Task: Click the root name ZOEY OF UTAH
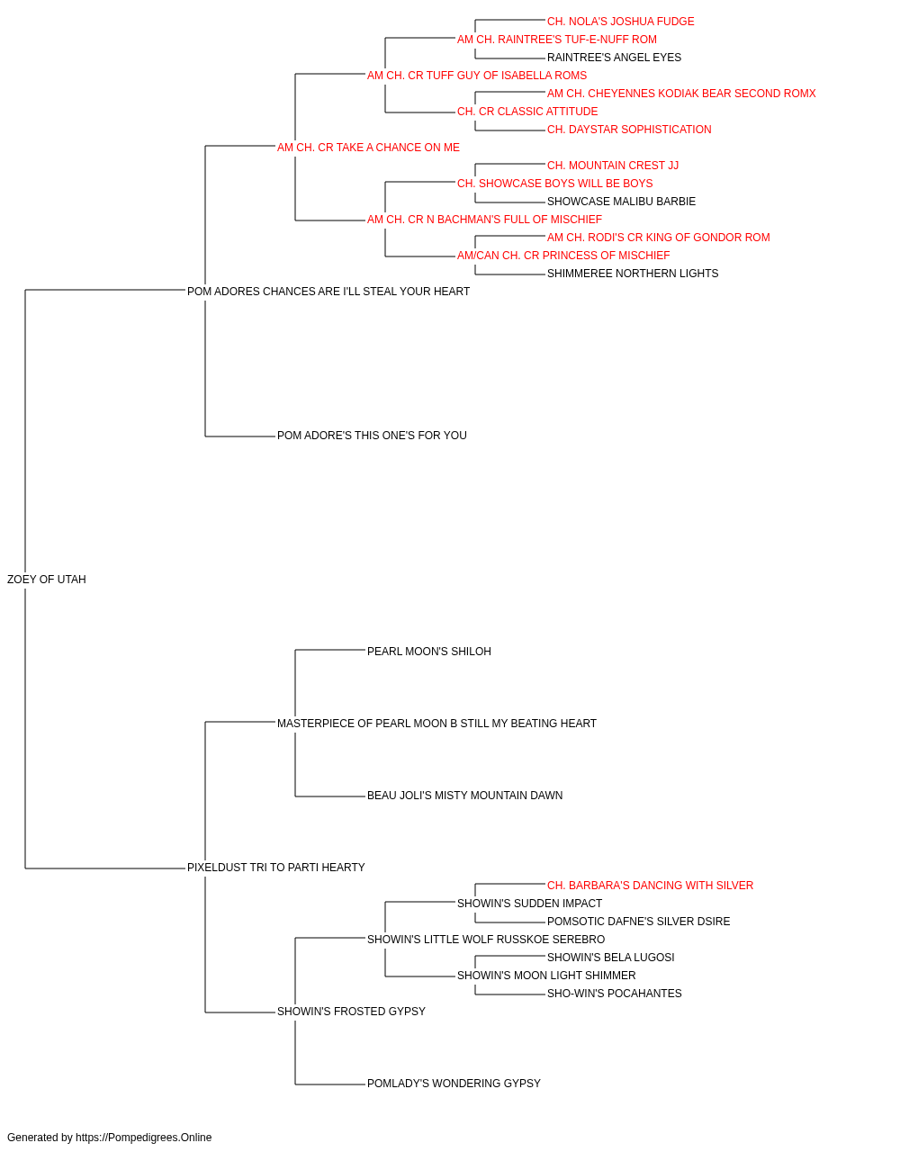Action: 47,580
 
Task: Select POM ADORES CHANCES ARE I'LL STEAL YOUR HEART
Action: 328,292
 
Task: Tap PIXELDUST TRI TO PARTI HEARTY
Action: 276,868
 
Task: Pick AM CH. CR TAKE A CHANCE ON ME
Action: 368,148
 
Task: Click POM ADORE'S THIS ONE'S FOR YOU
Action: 372,436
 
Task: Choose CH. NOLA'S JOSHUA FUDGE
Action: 621,22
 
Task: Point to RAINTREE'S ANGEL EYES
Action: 615,58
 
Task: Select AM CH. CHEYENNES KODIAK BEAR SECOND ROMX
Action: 681,94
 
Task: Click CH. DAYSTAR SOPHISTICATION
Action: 629,130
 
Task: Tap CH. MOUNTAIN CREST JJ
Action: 613,166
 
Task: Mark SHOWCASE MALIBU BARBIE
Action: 621,202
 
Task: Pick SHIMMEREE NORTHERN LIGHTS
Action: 633,274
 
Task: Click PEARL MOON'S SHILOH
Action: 429,652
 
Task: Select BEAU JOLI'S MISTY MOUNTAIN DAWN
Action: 464,796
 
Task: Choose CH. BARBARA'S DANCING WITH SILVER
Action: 651,886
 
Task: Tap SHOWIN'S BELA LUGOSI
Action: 610,958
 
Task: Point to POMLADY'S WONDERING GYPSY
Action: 454,1084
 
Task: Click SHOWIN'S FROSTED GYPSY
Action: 351,1012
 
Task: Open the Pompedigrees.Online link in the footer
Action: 144,1138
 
